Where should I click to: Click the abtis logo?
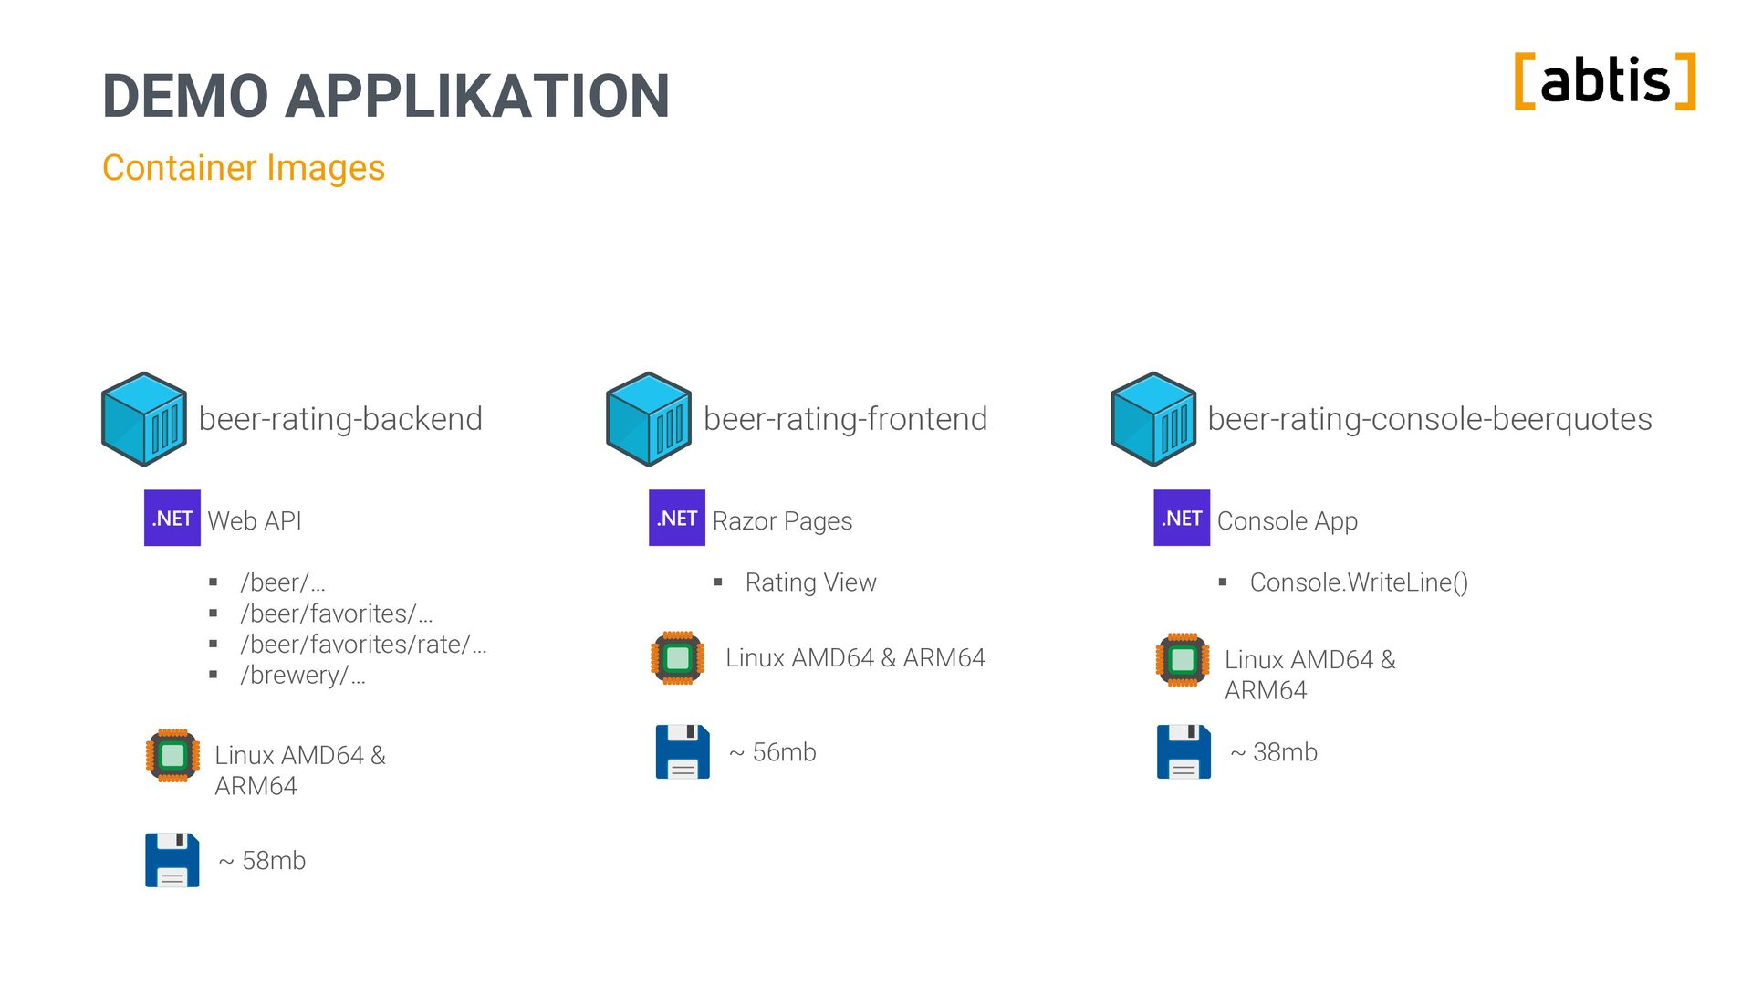coord(1604,81)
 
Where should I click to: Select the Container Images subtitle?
coord(244,168)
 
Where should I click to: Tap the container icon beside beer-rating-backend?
coord(144,419)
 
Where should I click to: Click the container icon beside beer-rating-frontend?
coord(649,419)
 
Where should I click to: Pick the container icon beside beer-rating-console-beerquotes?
coord(1153,419)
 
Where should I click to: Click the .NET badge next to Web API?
coord(172,519)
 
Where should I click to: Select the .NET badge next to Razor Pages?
coord(677,519)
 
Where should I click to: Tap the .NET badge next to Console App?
coord(1182,519)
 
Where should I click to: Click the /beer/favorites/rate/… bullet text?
coord(363,645)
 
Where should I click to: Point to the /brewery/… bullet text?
coord(303,676)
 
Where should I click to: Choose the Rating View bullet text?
coord(810,582)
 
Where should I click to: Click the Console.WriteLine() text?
coord(1359,582)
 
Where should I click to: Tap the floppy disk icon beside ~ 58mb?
coord(172,860)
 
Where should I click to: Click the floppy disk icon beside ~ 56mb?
coord(683,752)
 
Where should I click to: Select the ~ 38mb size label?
coord(1274,752)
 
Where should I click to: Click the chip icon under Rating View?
coord(677,658)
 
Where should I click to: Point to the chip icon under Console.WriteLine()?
coord(1183,659)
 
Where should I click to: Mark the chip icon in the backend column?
coord(172,756)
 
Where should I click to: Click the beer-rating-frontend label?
coord(845,419)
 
